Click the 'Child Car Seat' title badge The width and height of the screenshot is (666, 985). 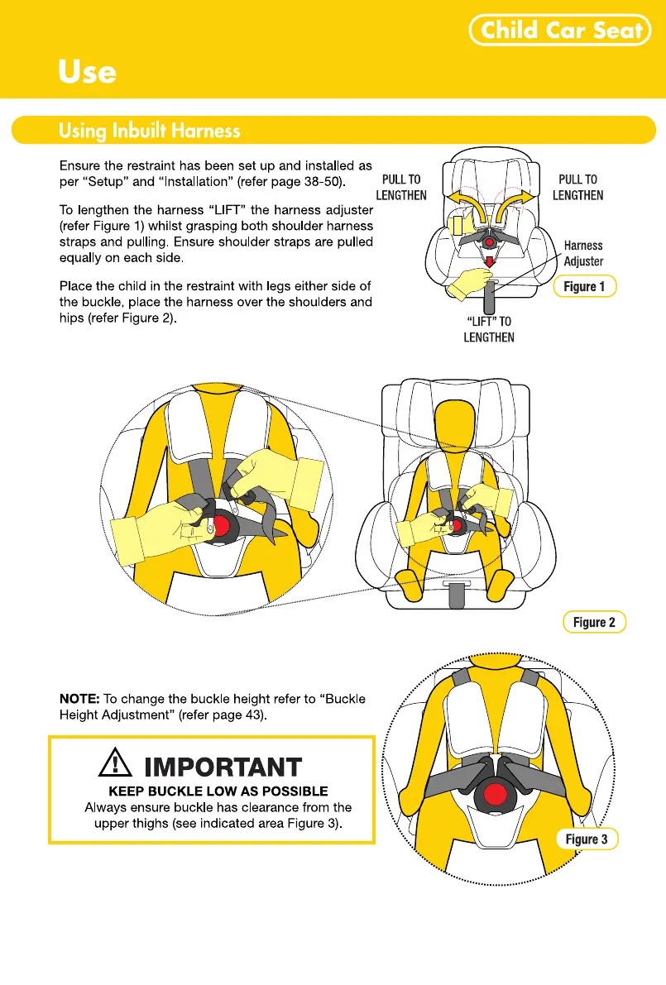(x=561, y=31)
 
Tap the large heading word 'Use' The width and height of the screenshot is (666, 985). (x=87, y=71)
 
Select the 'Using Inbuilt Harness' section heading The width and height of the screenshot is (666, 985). (x=149, y=131)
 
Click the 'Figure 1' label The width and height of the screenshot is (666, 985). (x=584, y=286)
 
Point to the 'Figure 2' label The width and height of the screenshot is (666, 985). (x=593, y=623)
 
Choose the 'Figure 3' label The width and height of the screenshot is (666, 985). (x=586, y=839)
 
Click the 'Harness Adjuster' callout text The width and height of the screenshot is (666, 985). (x=583, y=253)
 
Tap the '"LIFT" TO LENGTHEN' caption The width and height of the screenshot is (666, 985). (x=488, y=329)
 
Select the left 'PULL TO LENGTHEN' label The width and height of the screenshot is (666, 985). (x=401, y=187)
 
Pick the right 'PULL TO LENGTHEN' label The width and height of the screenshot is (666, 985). (x=577, y=187)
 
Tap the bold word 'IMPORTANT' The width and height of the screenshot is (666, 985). (x=223, y=767)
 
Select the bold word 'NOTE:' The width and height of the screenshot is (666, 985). (x=79, y=699)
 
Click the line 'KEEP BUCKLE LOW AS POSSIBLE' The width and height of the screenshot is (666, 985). (x=218, y=791)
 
